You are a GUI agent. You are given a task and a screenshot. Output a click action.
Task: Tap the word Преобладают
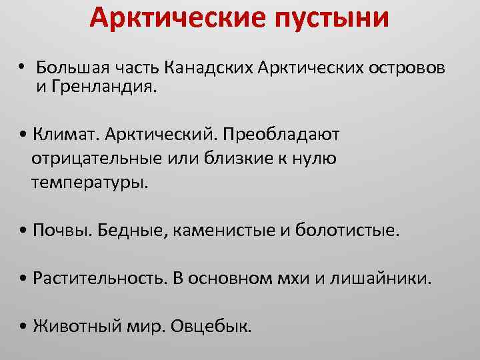[291, 135]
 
